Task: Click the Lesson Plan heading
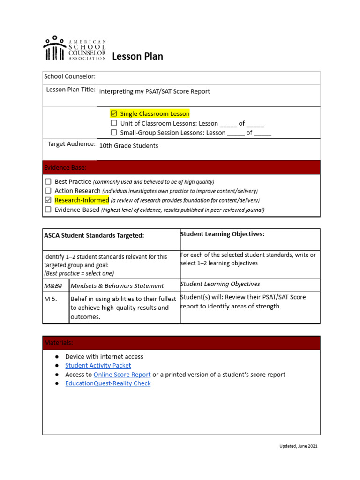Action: pyautogui.click(x=137, y=56)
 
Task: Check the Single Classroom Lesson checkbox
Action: pyautogui.click(x=114, y=113)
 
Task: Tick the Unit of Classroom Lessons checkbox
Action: pyautogui.click(x=114, y=123)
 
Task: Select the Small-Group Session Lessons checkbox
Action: pyautogui.click(x=114, y=133)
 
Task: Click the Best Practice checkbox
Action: pyautogui.click(x=48, y=181)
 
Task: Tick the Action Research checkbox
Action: pyautogui.click(x=48, y=191)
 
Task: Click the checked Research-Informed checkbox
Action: pyautogui.click(x=48, y=200)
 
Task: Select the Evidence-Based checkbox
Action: pyautogui.click(x=48, y=210)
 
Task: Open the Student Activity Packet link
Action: pyautogui.click(x=98, y=365)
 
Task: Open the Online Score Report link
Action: pyautogui.click(x=122, y=375)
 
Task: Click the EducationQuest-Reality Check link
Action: pyautogui.click(x=108, y=383)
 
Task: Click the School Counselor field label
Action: pyautogui.click(x=70, y=76)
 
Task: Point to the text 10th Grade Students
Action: pyautogui.click(x=128, y=146)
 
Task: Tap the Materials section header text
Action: pyautogui.click(x=59, y=343)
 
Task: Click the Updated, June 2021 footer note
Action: pyautogui.click(x=295, y=446)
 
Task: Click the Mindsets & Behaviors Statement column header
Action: pyautogui.click(x=117, y=286)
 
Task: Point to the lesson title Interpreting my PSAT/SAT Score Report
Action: pyautogui.click(x=155, y=92)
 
